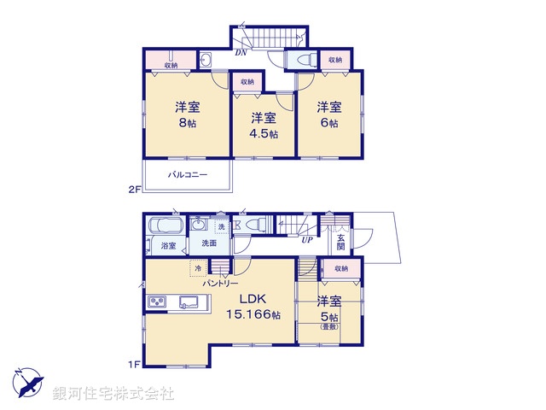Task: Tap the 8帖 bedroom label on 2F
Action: point(187,115)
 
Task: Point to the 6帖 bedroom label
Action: point(329,115)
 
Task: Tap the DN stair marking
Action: point(241,52)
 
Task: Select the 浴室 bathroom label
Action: point(169,246)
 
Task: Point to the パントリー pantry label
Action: point(219,283)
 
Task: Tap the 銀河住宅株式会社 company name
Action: point(113,394)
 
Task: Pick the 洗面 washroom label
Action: point(209,243)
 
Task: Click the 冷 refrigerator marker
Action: point(200,267)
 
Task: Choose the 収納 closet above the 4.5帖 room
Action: point(247,82)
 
